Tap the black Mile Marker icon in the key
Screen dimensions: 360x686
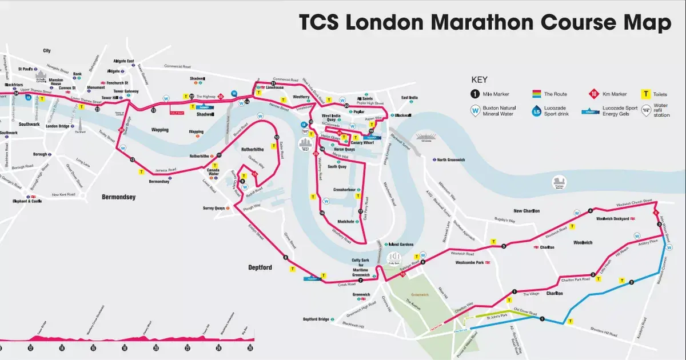(x=476, y=94)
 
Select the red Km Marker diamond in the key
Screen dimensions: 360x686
(x=594, y=94)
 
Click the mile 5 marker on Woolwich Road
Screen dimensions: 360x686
(x=504, y=247)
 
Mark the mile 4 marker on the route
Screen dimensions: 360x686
(x=591, y=211)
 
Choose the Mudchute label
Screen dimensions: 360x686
(x=346, y=221)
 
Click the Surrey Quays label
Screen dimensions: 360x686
(x=214, y=209)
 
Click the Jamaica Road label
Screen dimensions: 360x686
(x=165, y=170)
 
